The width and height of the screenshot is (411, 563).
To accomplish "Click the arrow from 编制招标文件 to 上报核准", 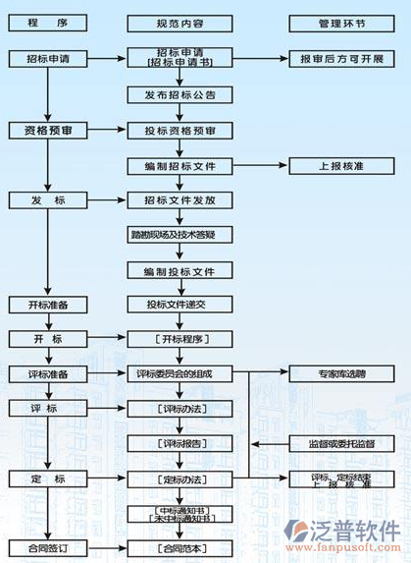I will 260,165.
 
